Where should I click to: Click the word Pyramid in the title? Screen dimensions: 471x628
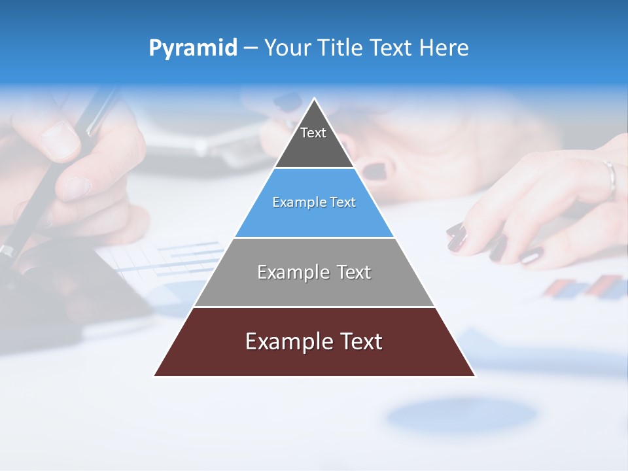[x=193, y=48]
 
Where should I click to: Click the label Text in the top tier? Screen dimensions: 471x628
[x=313, y=133]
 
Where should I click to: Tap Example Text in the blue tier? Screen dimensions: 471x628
[x=314, y=202]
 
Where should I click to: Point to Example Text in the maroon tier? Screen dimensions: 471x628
[x=314, y=341]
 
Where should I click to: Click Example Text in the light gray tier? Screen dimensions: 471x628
[x=314, y=272]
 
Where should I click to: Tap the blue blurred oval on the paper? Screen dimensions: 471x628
[x=461, y=414]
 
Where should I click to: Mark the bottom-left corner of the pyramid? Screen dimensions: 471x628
[x=154, y=375]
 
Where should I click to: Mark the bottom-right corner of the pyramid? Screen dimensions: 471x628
[x=475, y=375]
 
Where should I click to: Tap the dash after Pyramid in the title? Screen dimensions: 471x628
[x=251, y=48]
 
